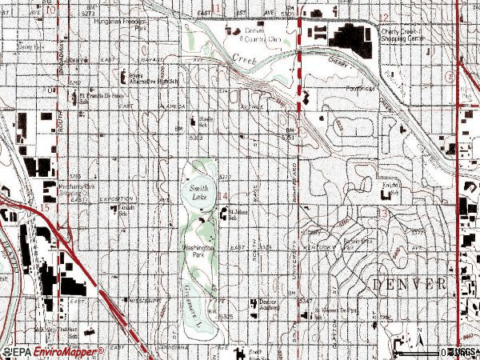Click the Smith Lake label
click(200, 192)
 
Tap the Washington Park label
click(199, 251)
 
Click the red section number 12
click(382, 17)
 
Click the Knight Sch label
click(391, 186)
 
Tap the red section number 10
click(51, 11)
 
